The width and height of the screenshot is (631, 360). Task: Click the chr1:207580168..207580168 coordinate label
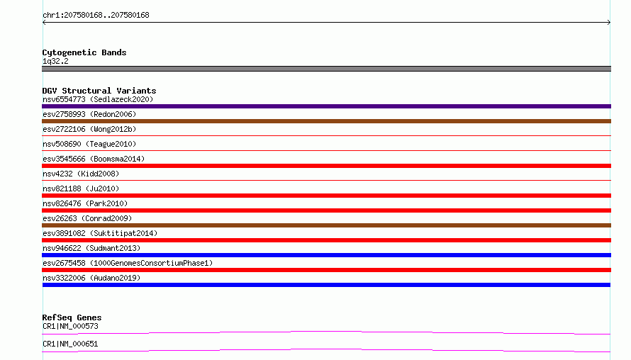click(96, 15)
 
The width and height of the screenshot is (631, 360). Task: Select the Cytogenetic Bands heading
click(84, 52)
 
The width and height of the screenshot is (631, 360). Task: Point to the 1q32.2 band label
click(55, 61)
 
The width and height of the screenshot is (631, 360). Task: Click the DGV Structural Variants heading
click(99, 91)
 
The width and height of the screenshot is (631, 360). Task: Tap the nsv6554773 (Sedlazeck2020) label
click(98, 99)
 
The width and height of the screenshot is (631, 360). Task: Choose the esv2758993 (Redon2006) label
click(89, 114)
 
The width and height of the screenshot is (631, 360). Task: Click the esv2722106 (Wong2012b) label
click(89, 129)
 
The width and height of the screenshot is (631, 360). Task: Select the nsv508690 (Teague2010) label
click(89, 144)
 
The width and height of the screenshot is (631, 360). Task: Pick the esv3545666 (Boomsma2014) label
click(94, 159)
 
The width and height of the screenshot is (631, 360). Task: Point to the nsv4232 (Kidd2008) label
click(81, 174)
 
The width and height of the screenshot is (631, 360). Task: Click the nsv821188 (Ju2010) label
click(81, 189)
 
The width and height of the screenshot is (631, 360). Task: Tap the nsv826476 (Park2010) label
click(85, 203)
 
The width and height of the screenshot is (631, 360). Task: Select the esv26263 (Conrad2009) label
click(87, 218)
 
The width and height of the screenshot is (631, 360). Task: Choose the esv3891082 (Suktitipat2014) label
click(100, 233)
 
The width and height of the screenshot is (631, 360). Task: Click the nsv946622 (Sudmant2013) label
click(91, 248)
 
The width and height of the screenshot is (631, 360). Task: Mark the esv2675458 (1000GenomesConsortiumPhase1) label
click(128, 263)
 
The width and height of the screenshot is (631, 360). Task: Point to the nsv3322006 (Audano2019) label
click(91, 278)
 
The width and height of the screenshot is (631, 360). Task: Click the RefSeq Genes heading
click(72, 317)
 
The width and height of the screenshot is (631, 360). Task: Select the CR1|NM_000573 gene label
click(70, 326)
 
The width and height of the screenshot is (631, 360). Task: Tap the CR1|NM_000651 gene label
click(70, 344)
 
